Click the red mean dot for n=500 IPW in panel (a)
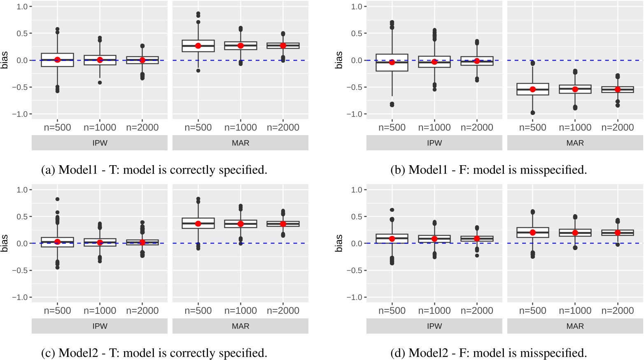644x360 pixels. point(57,60)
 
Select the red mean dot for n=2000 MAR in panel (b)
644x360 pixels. point(617,89)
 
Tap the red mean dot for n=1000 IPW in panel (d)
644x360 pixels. point(434,238)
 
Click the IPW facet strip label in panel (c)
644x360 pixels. point(100,326)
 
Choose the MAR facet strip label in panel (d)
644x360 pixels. point(575,326)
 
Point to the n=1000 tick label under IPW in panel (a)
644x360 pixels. point(100,128)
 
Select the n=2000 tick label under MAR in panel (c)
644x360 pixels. point(283,311)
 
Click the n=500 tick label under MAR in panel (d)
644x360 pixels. point(532,311)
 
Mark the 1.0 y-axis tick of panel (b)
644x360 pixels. point(357,7)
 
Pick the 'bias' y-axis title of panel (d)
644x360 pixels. point(339,243)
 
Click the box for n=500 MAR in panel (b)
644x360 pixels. point(532,89)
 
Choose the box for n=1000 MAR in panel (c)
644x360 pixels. point(240,224)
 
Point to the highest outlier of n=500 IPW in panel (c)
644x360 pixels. point(57,199)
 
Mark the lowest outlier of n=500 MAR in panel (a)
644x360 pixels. point(198,70)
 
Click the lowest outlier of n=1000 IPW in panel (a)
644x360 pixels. point(100,82)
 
